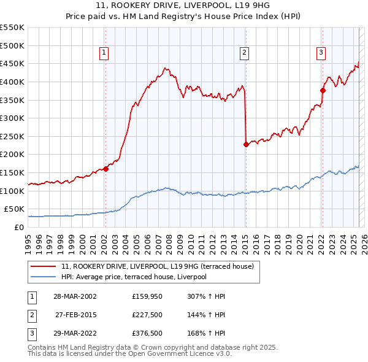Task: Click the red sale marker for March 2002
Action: point(105,169)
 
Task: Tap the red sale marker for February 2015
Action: point(246,145)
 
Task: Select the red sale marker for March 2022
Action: point(323,90)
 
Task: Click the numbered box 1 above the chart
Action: point(104,53)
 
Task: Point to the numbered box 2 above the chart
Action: point(244,53)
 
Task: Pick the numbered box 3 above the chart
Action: point(321,53)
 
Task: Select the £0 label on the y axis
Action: point(18,228)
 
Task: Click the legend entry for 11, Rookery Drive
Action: point(161,266)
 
